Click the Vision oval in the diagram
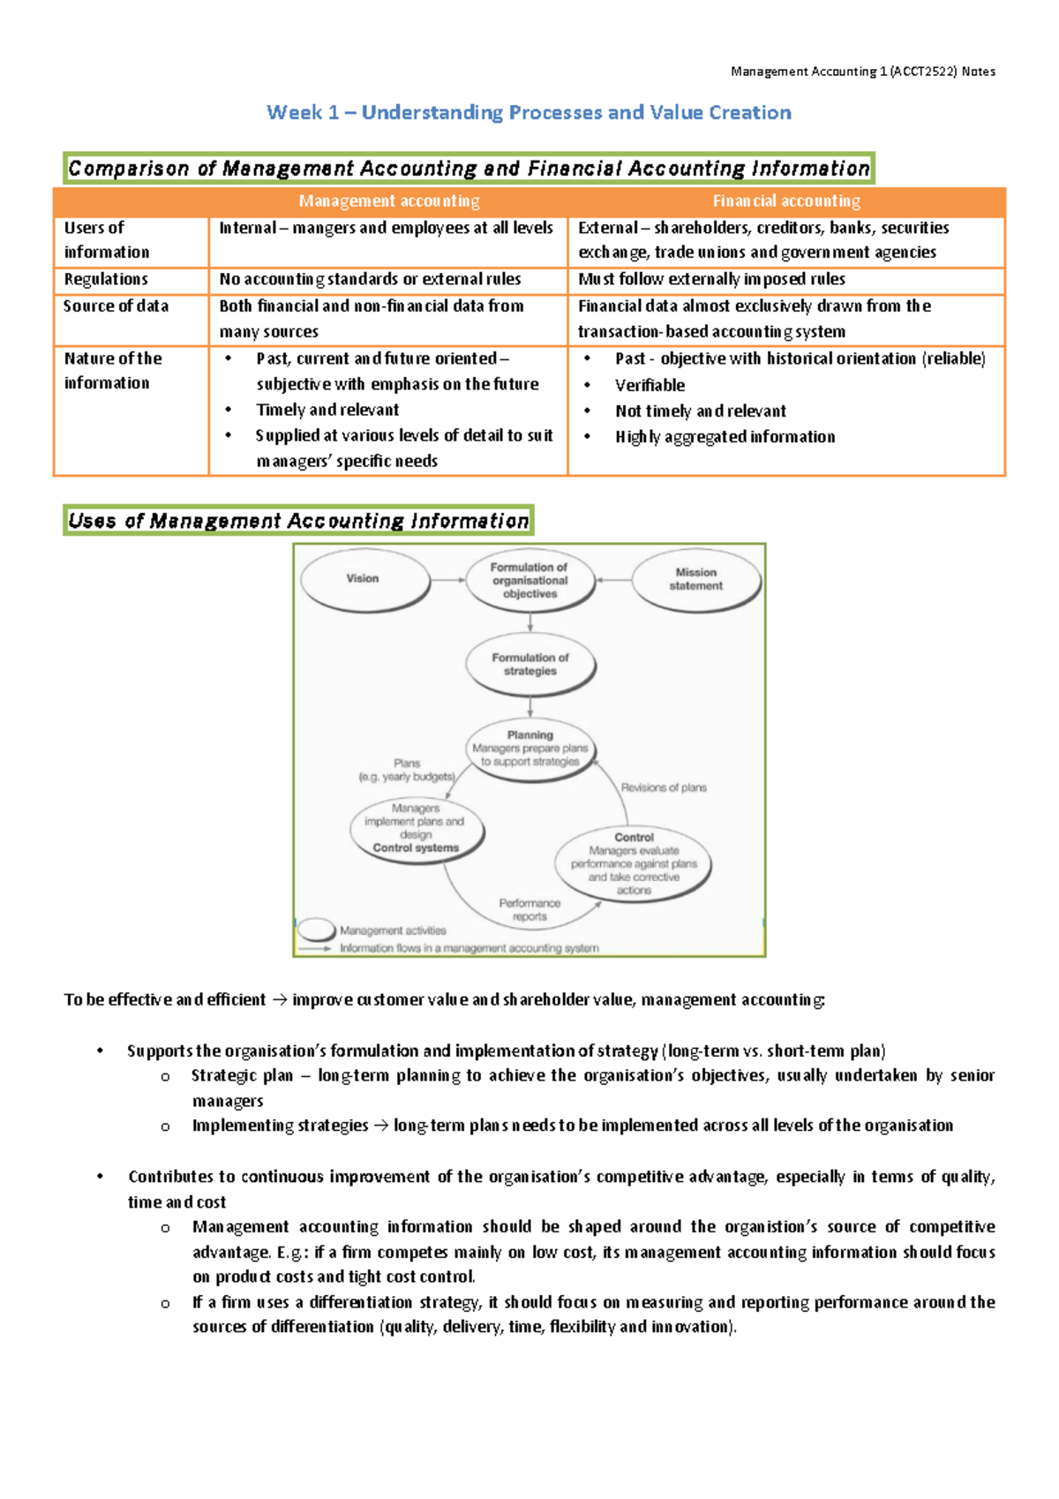(364, 580)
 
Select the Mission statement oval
(695, 580)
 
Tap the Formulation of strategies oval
(529, 665)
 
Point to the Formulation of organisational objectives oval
(529, 581)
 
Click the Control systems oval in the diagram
(416, 829)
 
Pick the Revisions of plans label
(664, 787)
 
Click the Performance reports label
(529, 910)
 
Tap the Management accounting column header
(389, 201)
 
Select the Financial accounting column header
(786, 201)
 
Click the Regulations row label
(106, 280)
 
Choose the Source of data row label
(116, 306)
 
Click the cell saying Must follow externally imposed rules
(711, 280)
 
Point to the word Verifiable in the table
(650, 386)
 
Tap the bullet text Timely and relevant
(327, 411)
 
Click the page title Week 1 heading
(529, 113)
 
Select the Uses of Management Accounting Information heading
(298, 521)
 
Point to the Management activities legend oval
(315, 930)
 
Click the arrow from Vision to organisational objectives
(448, 580)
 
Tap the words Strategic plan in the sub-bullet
(242, 1076)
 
